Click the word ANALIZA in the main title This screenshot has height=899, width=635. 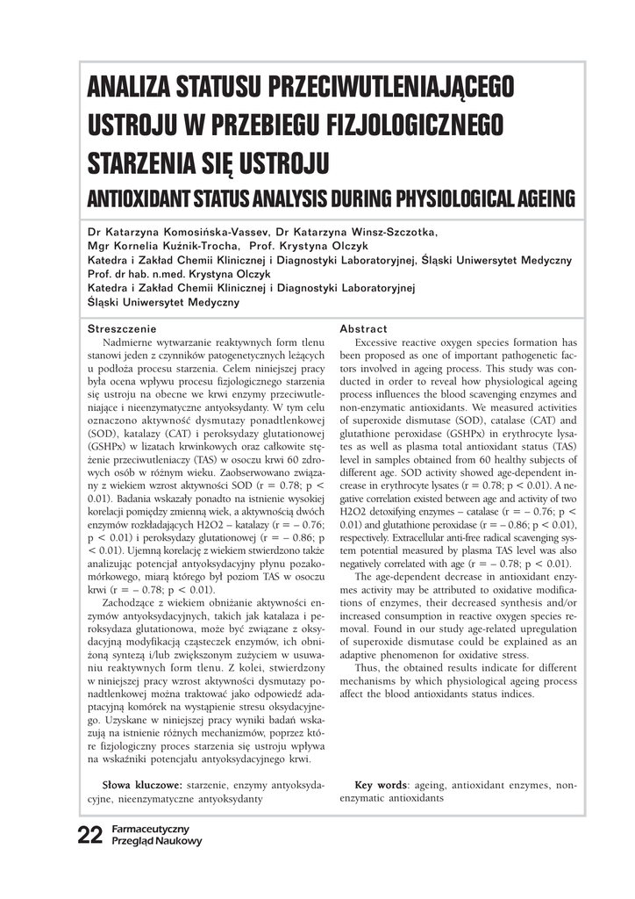[125, 89]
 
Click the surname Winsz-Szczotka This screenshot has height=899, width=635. [393, 233]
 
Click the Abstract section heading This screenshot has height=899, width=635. [363, 328]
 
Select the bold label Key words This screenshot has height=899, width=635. [382, 785]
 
